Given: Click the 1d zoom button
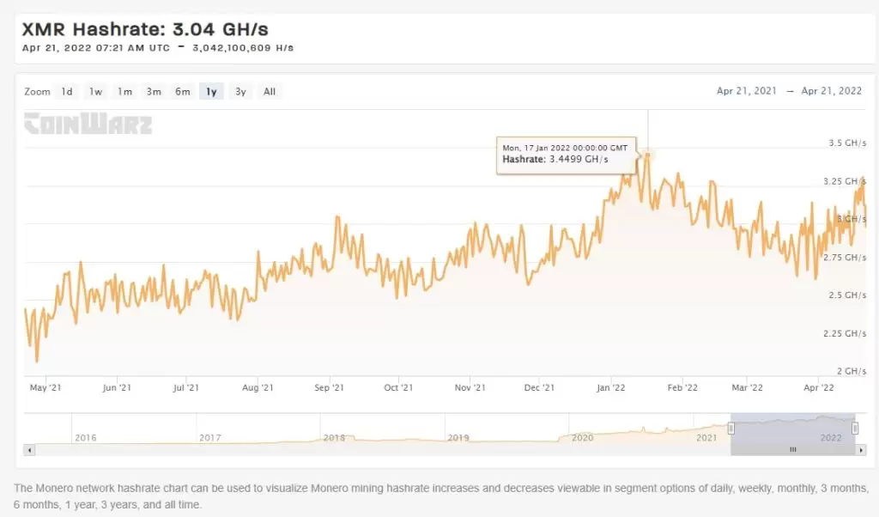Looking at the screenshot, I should (67, 92).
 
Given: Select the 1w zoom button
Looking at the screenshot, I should (96, 92).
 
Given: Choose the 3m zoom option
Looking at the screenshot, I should (154, 92).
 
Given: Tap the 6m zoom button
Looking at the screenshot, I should (183, 92).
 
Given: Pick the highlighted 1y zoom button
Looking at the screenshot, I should (211, 92).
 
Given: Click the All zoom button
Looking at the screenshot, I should (270, 92).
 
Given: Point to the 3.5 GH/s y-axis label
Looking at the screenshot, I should (846, 143).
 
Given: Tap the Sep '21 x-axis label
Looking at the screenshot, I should (329, 388).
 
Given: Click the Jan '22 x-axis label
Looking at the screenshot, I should (610, 388).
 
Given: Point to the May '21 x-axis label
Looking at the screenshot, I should (45, 388).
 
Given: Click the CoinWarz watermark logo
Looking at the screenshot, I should (88, 125).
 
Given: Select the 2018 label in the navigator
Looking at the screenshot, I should (335, 438).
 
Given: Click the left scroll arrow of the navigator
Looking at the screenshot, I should (29, 449).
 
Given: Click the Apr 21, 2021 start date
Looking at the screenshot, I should (745, 91).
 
